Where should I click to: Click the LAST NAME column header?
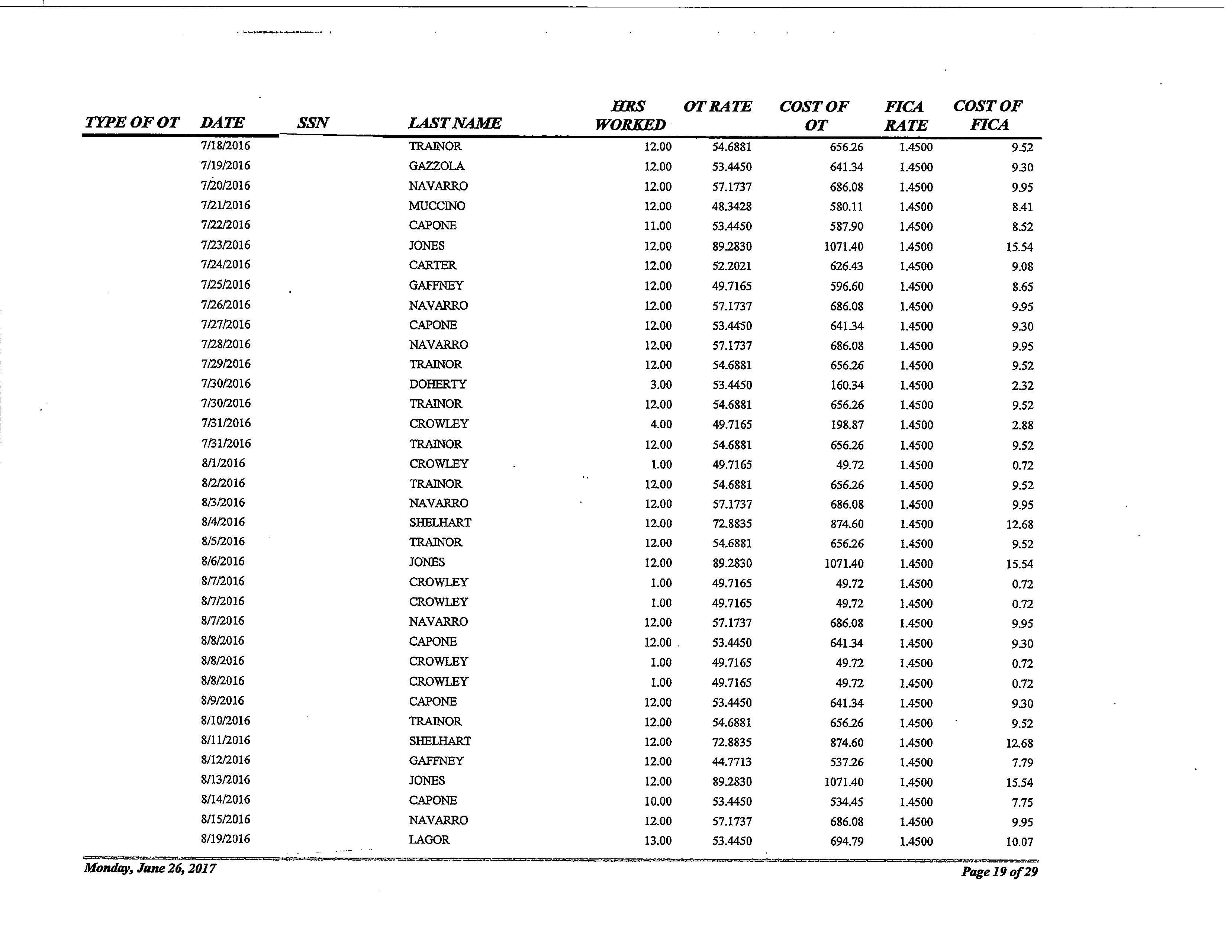click(x=454, y=123)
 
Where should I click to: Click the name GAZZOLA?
click(x=437, y=166)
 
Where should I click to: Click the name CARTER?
click(x=432, y=265)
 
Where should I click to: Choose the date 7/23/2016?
click(x=225, y=245)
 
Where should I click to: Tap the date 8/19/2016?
click(x=225, y=839)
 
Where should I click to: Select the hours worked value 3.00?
click(x=661, y=385)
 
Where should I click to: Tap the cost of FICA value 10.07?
click(x=1019, y=841)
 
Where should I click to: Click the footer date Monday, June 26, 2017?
click(x=149, y=868)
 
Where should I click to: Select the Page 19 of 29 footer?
click(x=999, y=872)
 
